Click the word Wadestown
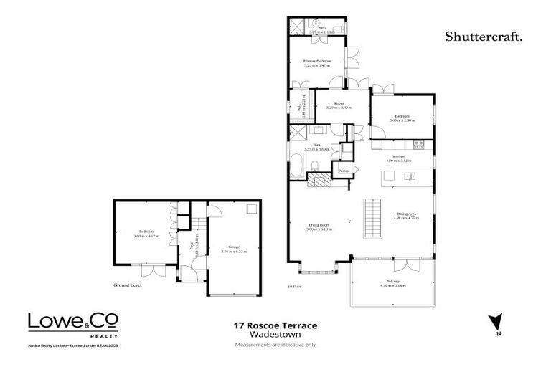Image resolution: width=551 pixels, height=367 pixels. (x=275, y=335)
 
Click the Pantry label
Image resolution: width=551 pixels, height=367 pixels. (x=343, y=171)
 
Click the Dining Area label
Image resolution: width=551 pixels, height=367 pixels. (x=407, y=214)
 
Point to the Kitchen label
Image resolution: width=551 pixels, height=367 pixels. (x=400, y=156)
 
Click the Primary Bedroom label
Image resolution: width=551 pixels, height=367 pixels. (x=316, y=62)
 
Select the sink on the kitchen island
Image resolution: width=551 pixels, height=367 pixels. (x=408, y=176)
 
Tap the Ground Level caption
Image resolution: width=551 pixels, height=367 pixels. (x=128, y=285)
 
